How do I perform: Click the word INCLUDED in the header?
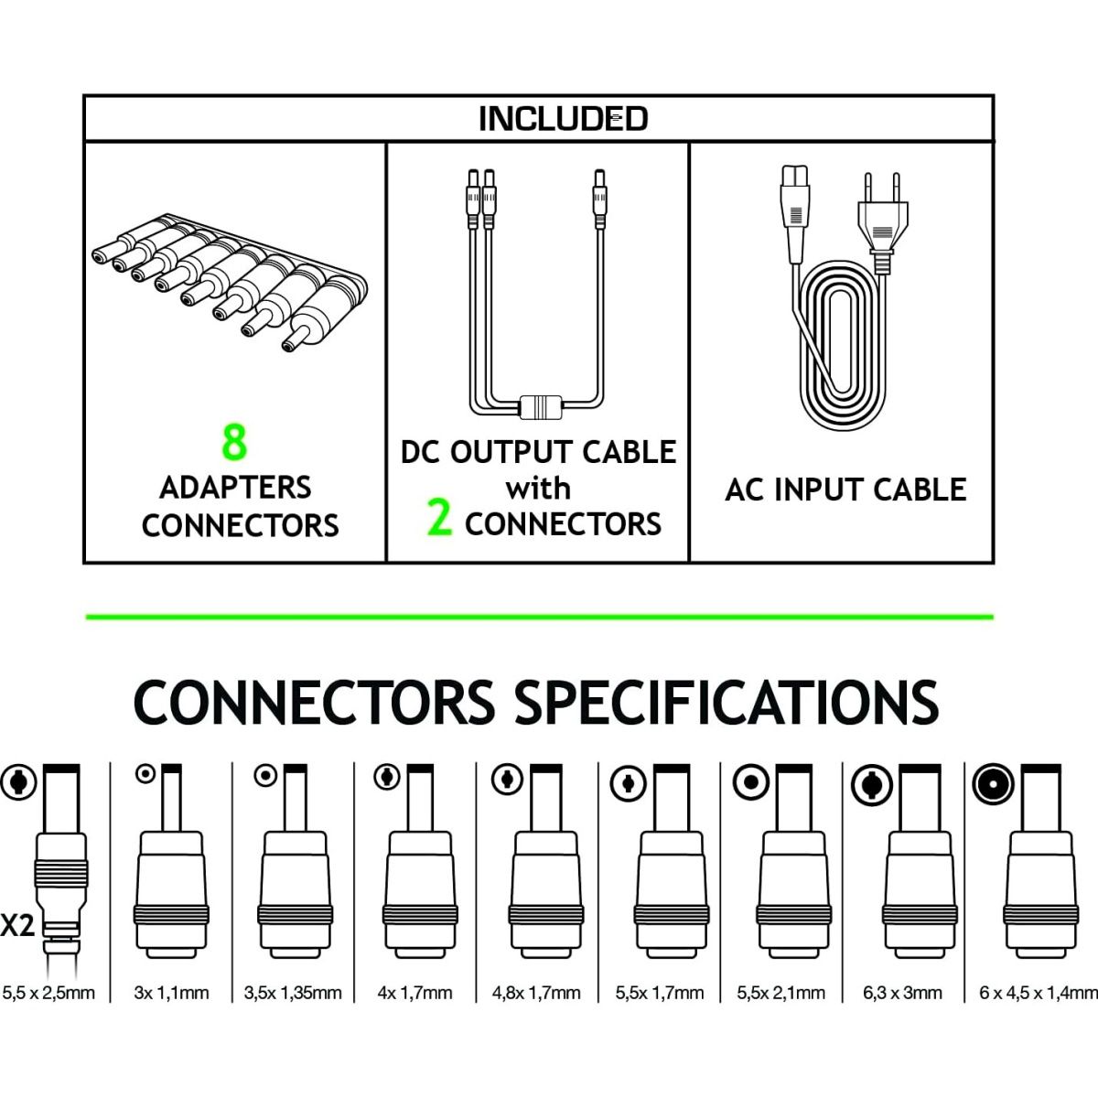coord(563,119)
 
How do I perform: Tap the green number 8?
coord(234,442)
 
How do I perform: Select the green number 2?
coord(439,517)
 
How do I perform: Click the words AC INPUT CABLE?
coord(845,490)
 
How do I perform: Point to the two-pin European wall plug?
coord(883,222)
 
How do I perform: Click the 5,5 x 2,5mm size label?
coord(48,993)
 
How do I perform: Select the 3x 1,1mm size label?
coord(171,993)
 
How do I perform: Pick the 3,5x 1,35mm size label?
coord(293,993)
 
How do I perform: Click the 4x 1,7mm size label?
coord(414,993)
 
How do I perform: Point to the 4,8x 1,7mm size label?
coord(536,993)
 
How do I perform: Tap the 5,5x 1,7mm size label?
coord(659,993)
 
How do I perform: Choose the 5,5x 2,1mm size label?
coord(780,993)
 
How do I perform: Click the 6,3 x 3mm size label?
coord(902,993)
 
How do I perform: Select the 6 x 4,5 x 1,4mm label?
coord(1039,993)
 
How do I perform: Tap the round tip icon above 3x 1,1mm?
coord(145,774)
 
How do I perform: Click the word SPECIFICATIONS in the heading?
coord(727,703)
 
